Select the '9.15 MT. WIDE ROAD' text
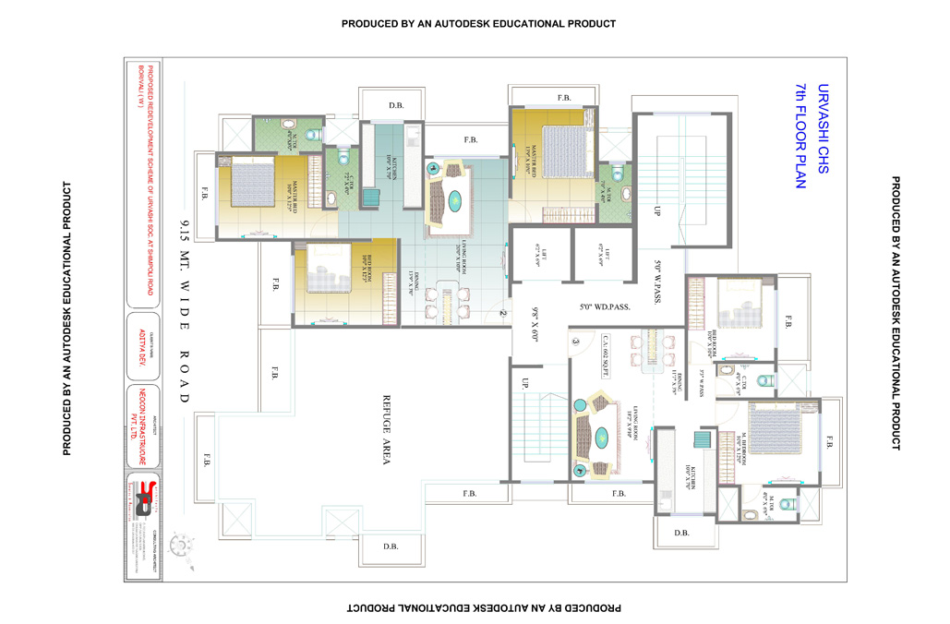pyautogui.click(x=185, y=310)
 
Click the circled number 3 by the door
pyautogui.click(x=574, y=342)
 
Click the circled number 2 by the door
pyautogui.click(x=502, y=313)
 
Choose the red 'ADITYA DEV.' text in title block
pyautogui.click(x=142, y=344)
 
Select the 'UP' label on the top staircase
pyautogui.click(x=658, y=210)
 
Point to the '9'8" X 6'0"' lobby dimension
pyautogui.click(x=534, y=324)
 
